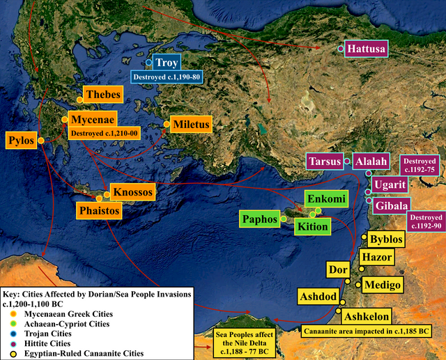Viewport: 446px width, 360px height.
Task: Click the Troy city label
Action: pyautogui.click(x=167, y=63)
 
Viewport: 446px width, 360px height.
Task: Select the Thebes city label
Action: pyautogui.click(x=102, y=94)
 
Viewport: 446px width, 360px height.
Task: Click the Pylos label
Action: pyautogui.click(x=21, y=140)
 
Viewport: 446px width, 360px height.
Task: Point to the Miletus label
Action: pyautogui.click(x=190, y=125)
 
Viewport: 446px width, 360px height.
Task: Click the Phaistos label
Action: pyautogui.click(x=98, y=209)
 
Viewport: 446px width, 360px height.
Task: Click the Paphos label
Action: pyautogui.click(x=259, y=219)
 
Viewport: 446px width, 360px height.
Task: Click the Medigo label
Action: pyautogui.click(x=383, y=285)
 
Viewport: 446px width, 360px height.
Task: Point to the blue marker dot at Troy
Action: pyautogui.click(x=148, y=63)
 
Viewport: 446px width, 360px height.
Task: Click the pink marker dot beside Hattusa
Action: pyautogui.click(x=340, y=49)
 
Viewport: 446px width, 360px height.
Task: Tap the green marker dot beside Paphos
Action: pyautogui.click(x=283, y=219)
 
